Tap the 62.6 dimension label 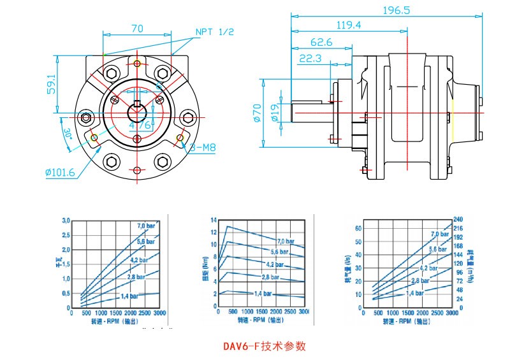point(322,42)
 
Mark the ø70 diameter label point(258,113)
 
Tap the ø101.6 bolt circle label point(61,171)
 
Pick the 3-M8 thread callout point(203,148)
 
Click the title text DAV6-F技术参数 point(265,347)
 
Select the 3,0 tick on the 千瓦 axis point(66,220)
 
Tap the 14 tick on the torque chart point(214,219)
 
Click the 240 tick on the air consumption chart point(458,219)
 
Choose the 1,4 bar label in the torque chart point(263,293)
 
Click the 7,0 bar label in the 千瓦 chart point(147,226)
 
